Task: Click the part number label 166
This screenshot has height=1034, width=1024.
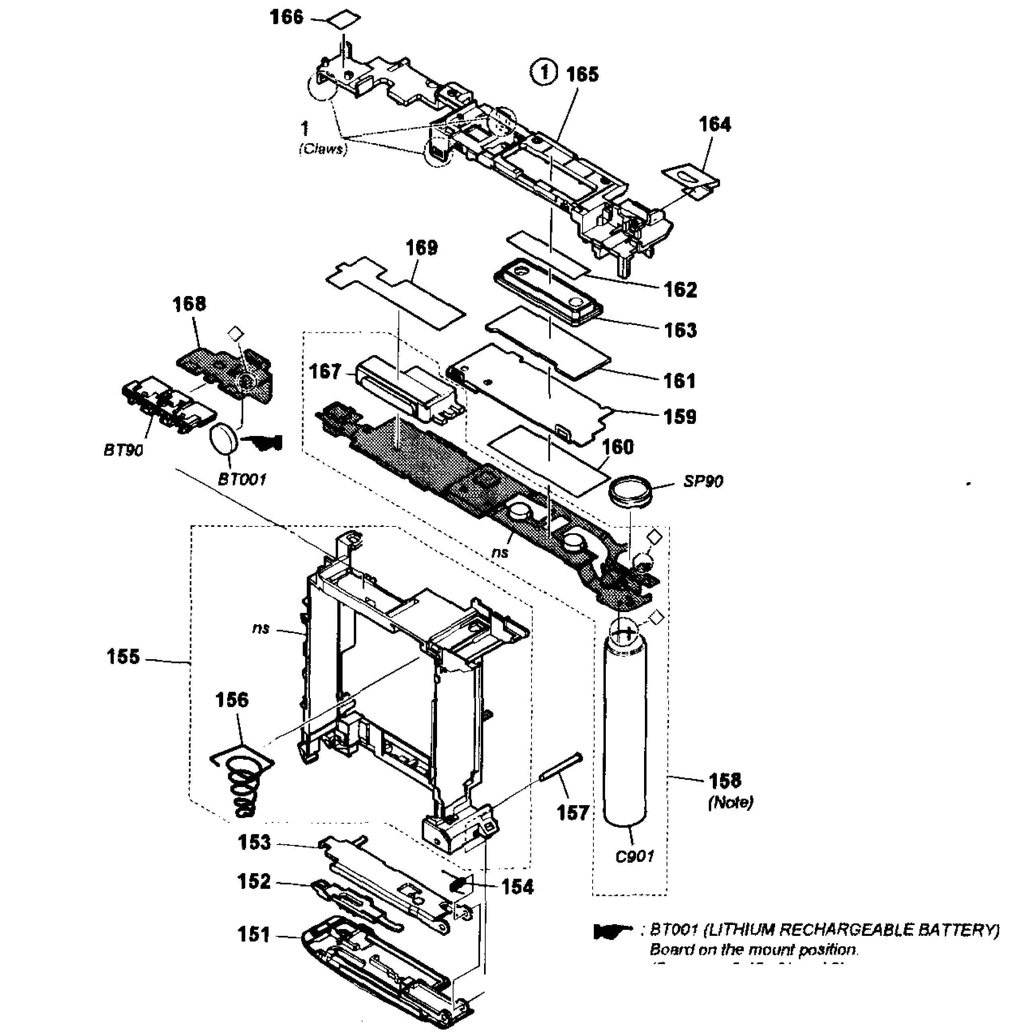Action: tap(286, 17)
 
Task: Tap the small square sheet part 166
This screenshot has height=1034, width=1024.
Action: tap(343, 20)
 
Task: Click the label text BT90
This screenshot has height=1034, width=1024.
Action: tap(123, 450)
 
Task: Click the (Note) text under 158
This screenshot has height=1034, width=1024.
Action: tap(730, 802)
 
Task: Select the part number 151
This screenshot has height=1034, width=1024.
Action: tap(254, 935)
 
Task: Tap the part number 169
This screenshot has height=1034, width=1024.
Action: tap(422, 248)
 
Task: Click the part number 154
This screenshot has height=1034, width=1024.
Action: tap(517, 887)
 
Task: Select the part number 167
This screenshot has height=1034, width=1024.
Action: tap(325, 372)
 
